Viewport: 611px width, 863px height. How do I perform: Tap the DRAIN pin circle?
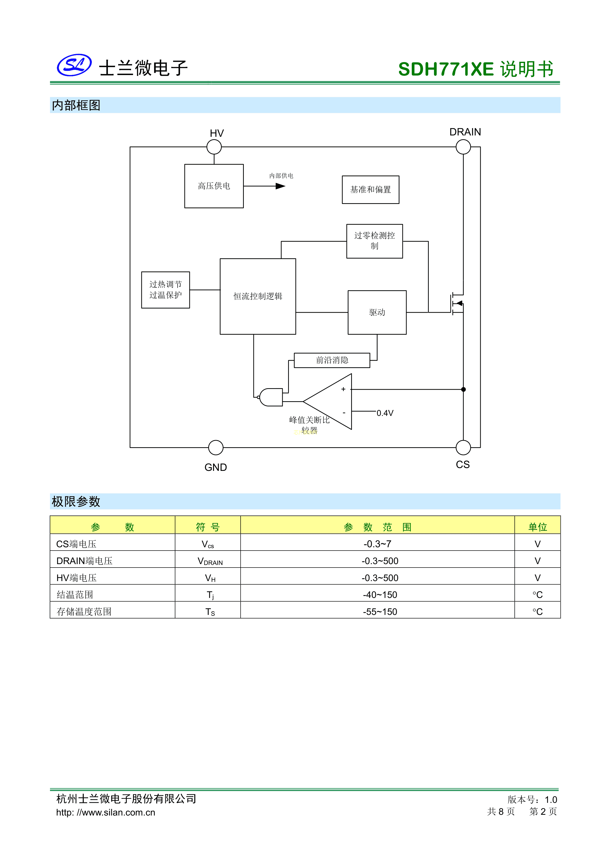[x=463, y=147]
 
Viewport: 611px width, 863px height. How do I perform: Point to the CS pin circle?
[x=463, y=448]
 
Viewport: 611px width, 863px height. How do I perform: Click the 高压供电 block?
[x=214, y=186]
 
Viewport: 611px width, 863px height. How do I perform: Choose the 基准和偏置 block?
[x=371, y=190]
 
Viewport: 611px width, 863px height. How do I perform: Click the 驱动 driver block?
[x=377, y=312]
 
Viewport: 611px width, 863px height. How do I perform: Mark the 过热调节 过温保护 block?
[x=165, y=290]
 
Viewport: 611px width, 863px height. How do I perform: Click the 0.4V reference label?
[x=385, y=413]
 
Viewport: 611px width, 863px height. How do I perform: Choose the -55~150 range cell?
[x=380, y=612]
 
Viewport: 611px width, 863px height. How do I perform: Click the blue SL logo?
[x=74, y=65]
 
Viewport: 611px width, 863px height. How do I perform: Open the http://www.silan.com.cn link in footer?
[x=106, y=812]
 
